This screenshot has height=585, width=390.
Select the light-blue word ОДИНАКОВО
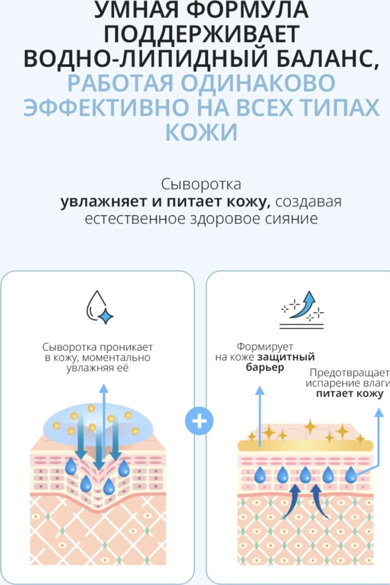[x=258, y=83]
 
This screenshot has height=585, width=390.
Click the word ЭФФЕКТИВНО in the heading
[x=105, y=107]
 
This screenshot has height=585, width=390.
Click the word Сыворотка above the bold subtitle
[x=201, y=184]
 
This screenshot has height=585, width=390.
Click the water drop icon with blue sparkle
[x=100, y=307]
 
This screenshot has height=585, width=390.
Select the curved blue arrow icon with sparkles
[x=302, y=310]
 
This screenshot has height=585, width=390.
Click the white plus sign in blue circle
[x=199, y=421]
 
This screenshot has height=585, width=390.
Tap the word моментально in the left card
[x=116, y=357]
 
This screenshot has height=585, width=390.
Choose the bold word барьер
[x=265, y=367]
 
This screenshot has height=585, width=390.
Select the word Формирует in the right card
[x=265, y=347]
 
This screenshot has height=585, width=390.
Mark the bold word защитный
[x=286, y=357]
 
